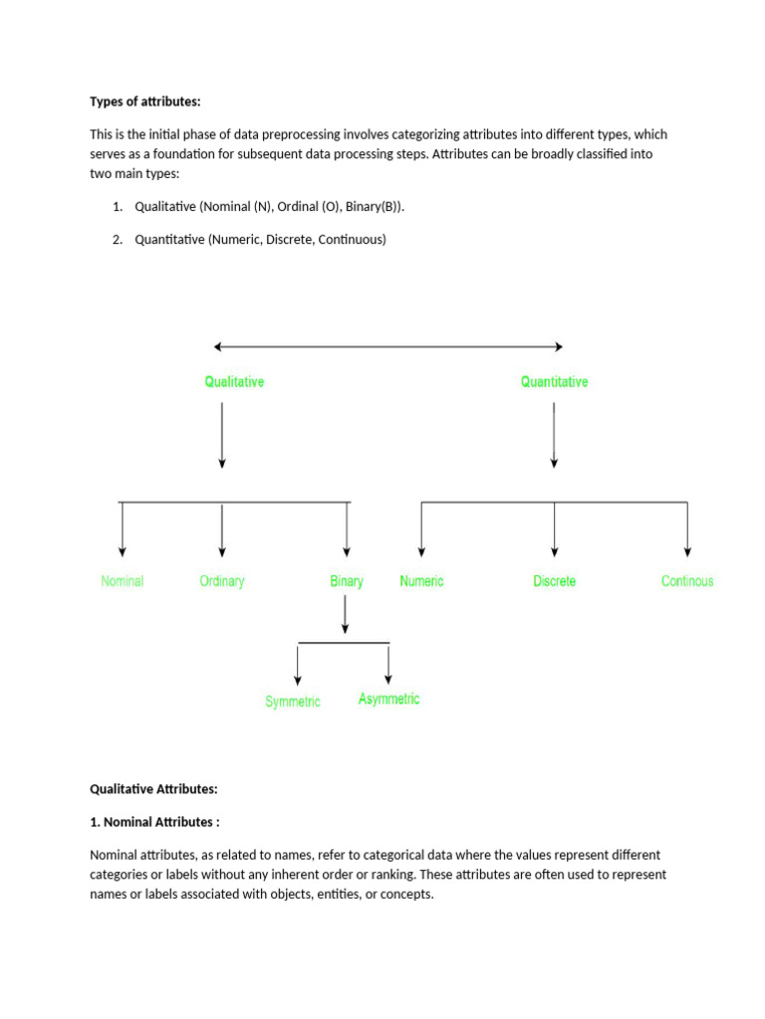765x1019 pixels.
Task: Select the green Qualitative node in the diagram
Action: (234, 381)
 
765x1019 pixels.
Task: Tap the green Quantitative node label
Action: (554, 381)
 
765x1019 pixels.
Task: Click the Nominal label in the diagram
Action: (122, 581)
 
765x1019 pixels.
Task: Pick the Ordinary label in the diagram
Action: (221, 581)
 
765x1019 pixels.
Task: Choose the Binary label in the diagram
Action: (346, 581)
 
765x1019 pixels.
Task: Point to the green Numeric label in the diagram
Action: (421, 581)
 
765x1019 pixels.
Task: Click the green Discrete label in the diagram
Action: (554, 581)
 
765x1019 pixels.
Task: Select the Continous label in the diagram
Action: (686, 581)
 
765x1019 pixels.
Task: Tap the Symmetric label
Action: (292, 702)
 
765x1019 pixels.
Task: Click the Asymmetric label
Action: (388, 699)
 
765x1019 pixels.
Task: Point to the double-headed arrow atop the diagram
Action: (388, 346)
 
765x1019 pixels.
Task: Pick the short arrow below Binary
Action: (345, 614)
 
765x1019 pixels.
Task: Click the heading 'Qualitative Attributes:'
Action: (153, 788)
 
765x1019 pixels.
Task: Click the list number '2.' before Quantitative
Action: (118, 240)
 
